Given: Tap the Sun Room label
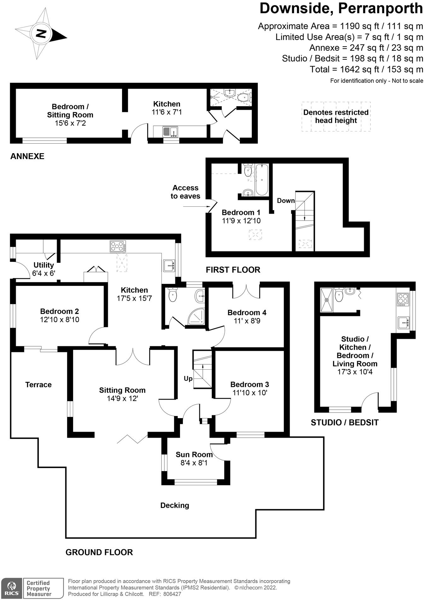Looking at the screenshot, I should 194,454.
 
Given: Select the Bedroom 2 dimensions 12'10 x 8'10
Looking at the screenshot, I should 60,320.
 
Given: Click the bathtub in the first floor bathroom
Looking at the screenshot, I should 262,180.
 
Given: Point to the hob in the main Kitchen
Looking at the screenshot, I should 118,246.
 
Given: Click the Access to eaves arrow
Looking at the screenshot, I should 194,207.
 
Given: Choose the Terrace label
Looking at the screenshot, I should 38,384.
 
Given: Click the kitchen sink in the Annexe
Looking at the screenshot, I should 170,131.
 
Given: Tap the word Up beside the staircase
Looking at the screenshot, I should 188,378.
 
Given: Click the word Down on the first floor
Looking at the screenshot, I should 286,201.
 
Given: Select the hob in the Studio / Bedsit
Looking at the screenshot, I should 403,300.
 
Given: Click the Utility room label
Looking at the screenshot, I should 44,265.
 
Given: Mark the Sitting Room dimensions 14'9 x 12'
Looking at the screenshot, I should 122,398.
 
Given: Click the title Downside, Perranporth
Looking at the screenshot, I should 341,8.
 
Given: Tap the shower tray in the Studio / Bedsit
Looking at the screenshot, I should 326,299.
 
